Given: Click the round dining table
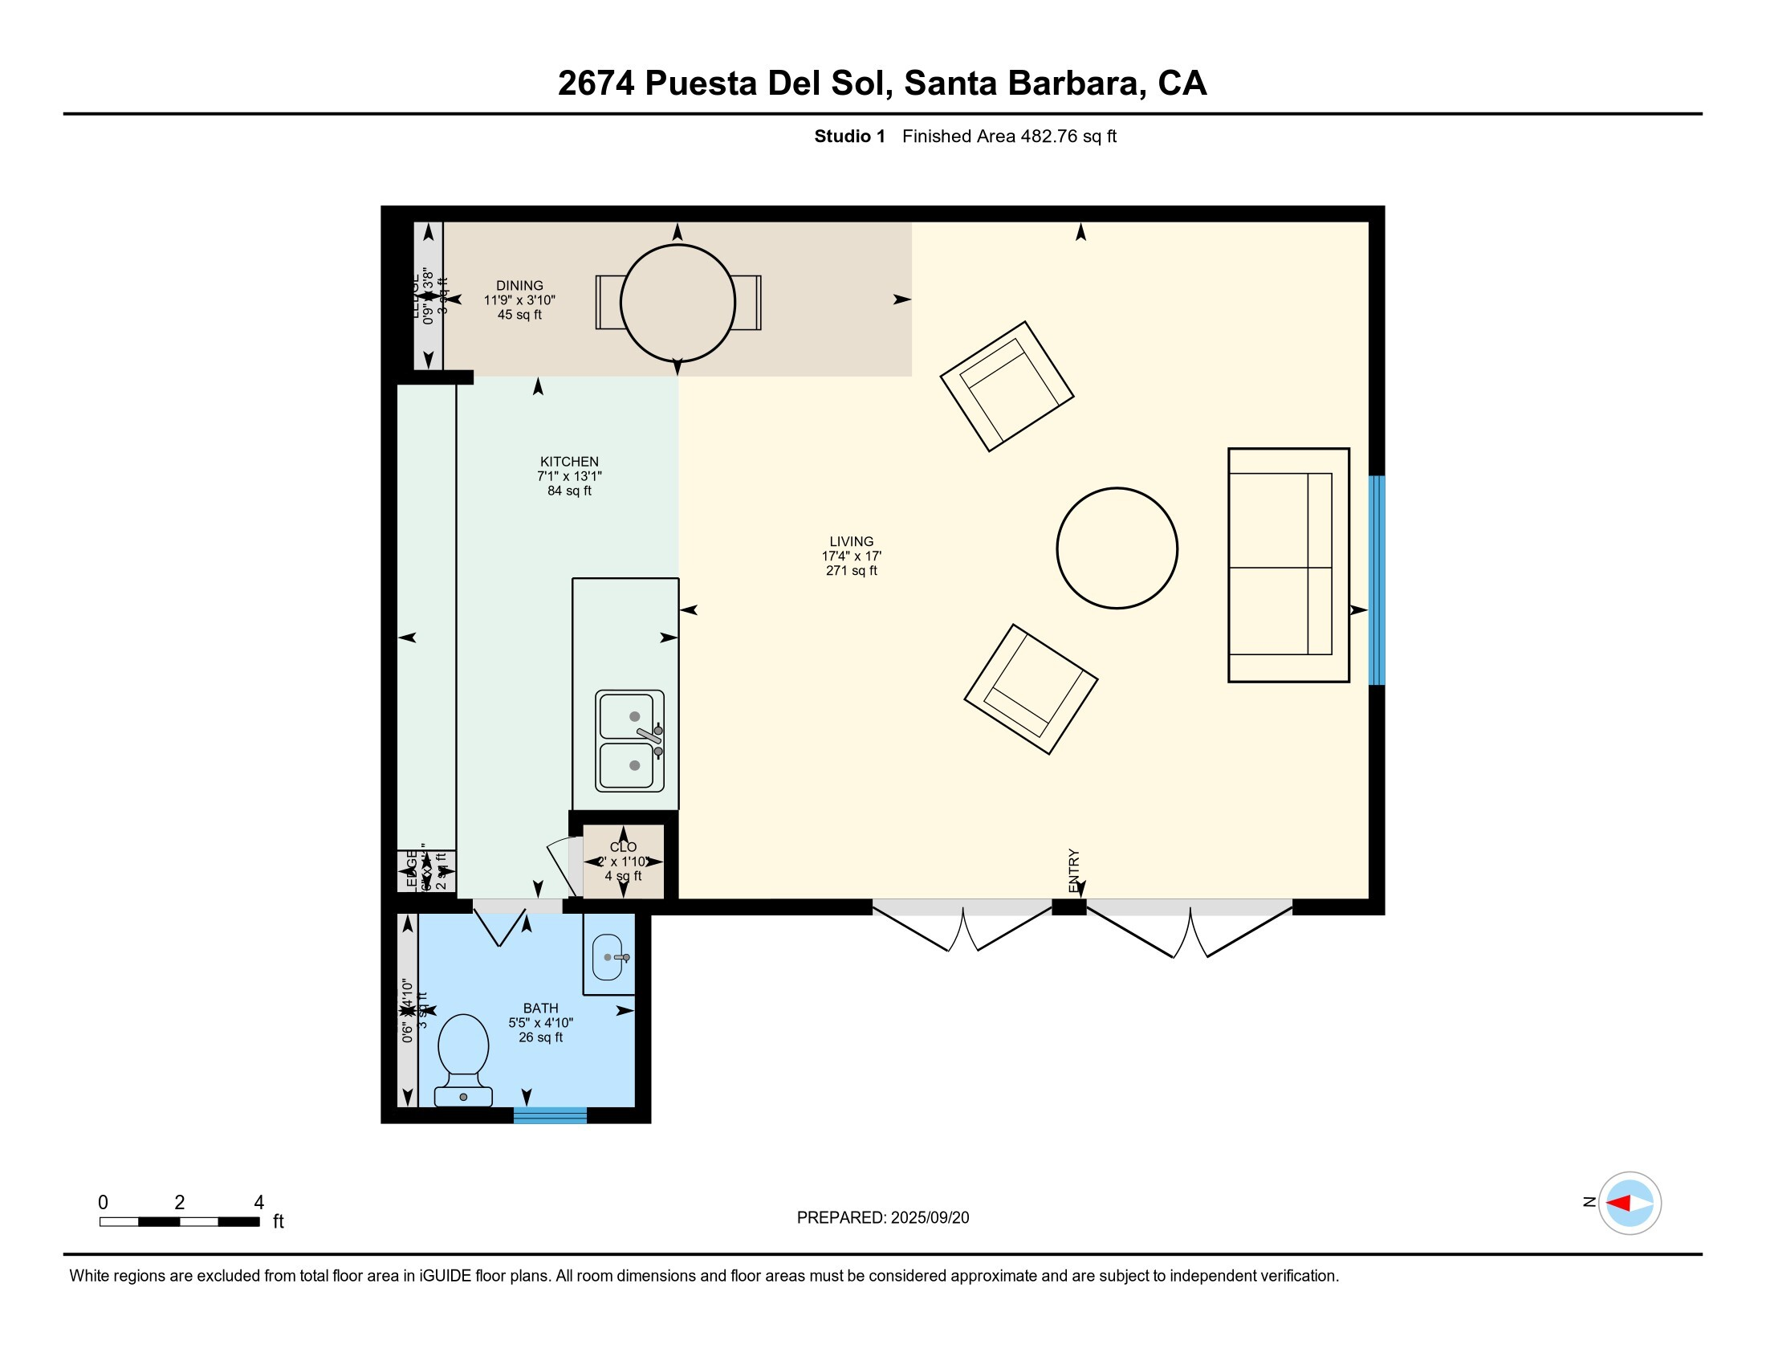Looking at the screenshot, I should pos(678,303).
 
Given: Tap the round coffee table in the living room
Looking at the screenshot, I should pos(1117,548).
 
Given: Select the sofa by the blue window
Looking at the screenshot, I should pos(1288,564).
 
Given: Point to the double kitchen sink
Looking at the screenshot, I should pos(629,741).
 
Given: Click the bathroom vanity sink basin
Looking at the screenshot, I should pos(608,956).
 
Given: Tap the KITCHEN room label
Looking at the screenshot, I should pos(569,462).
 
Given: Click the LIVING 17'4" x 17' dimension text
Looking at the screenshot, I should pos(851,556).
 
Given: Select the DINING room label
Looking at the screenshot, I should pos(519,286).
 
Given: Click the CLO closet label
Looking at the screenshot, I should pos(623,846).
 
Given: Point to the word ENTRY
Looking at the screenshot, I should pos(1074,870).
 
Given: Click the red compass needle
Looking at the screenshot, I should pos(1618,1203).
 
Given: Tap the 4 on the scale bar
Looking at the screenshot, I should pos(258,1202).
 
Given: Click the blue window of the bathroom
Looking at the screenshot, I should pos(550,1115).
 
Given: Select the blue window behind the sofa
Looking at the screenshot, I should pos(1376,580).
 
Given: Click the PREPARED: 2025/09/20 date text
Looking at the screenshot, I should pos(882,1217).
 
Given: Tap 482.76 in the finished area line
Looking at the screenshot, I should pos(1049,136).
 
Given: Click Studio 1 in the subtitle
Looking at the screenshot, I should pos(849,136).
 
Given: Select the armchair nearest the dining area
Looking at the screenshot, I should pos(1007,385).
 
